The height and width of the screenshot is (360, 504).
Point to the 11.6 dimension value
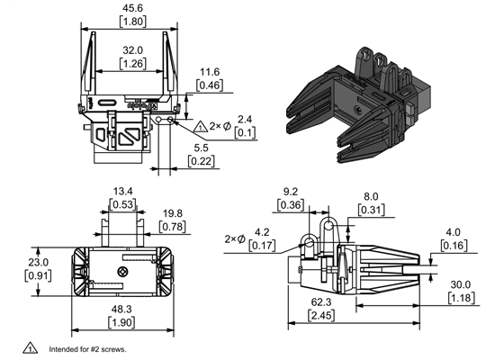click(210, 71)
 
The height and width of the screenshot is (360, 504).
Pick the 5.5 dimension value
click(201, 148)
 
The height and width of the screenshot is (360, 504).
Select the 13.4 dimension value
click(123, 191)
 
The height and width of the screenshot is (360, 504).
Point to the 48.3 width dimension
click(122, 309)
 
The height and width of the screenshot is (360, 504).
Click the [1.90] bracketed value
click(122, 321)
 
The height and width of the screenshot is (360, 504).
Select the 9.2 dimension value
click(291, 191)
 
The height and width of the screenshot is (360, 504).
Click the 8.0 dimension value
click(370, 197)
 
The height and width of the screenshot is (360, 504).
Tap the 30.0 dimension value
click(460, 285)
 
